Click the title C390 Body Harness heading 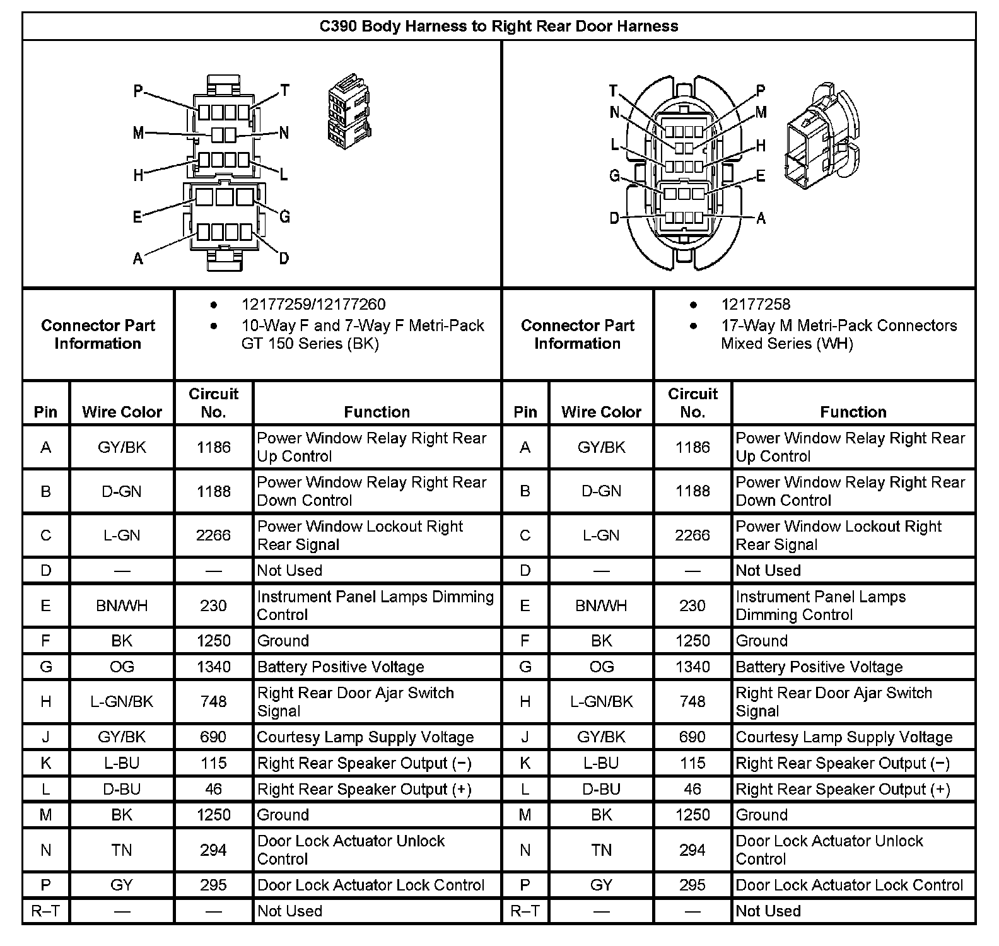[498, 26]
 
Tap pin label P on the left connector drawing [139, 91]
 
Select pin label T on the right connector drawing [613, 91]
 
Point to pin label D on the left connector [284, 258]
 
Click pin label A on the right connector [761, 218]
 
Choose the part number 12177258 [756, 305]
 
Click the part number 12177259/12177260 [313, 305]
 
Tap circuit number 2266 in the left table [213, 535]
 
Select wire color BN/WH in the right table [601, 606]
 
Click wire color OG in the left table [122, 667]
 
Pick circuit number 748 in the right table [692, 702]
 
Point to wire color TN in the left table [122, 850]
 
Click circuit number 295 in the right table [692, 885]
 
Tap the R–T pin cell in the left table [46, 911]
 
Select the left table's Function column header [377, 412]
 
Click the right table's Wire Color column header [601, 412]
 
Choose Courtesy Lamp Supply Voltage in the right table [844, 737]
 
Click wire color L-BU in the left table [122, 763]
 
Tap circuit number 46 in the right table [692, 789]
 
